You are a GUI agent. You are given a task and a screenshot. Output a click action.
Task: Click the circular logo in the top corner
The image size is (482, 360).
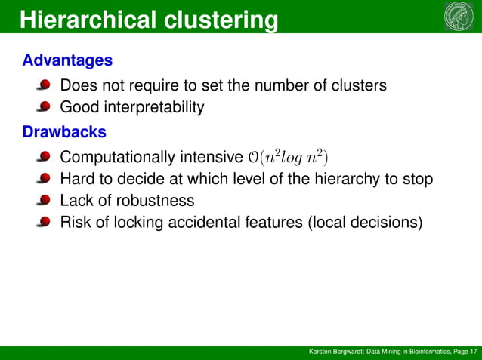click(459, 17)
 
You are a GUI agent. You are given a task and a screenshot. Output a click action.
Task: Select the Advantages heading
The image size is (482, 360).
click(67, 60)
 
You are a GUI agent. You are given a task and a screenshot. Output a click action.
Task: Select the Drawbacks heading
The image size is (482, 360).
click(64, 132)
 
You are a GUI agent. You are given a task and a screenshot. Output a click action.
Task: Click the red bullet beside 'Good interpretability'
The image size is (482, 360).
click(45, 108)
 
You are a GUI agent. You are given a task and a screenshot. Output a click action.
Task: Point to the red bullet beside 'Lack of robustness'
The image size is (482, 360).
click(45, 202)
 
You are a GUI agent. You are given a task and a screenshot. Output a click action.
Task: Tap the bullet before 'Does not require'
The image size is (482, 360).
click(45, 86)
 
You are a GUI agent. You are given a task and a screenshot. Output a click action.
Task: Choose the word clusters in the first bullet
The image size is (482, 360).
click(359, 85)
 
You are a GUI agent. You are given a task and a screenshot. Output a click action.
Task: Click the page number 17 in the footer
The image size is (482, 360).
click(473, 352)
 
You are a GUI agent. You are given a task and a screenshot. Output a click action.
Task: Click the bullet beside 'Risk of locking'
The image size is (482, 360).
click(45, 223)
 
